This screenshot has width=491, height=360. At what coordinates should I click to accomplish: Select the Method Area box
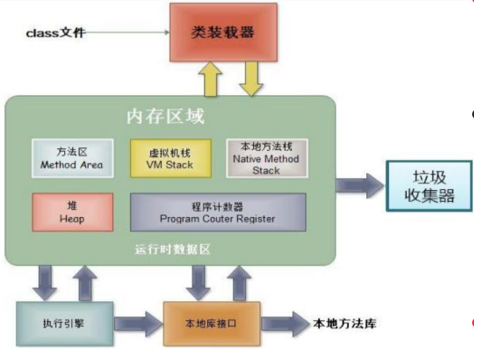point(71,157)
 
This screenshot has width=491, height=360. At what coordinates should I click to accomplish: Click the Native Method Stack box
point(266,157)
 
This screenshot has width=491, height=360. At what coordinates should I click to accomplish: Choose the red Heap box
point(73,211)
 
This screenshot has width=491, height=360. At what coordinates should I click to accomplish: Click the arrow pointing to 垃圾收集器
point(359,185)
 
